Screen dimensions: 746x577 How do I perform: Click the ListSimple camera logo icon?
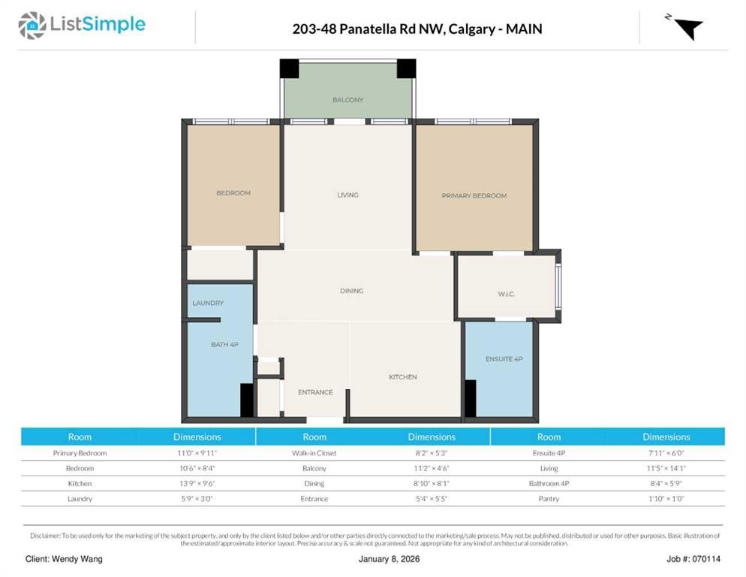pos(32,26)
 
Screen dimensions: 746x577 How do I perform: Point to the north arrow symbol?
pos(689,28)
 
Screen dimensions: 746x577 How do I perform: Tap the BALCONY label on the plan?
pos(347,100)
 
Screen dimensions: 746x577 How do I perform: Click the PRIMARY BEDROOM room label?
pos(474,195)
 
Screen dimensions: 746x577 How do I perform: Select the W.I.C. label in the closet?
pos(506,294)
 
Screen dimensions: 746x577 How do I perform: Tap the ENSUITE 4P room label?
pos(504,359)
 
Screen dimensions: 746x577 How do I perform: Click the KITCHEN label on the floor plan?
pos(402,377)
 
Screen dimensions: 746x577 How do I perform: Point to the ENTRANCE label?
pos(315,392)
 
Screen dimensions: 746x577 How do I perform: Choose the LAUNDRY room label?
pos(208,303)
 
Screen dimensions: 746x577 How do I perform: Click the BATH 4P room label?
pos(224,345)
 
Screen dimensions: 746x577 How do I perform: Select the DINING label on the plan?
pos(351,291)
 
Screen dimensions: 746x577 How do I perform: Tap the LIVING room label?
pos(347,195)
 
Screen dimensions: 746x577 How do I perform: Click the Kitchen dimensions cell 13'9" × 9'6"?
pos(197,484)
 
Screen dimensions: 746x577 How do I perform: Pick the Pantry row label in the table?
pos(549,499)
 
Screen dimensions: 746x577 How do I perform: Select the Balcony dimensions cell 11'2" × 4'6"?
pos(432,468)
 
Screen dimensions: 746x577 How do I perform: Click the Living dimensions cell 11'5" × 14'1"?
pos(666,468)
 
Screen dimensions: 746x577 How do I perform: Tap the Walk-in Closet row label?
pos(314,453)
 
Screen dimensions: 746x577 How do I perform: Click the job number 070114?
pos(706,559)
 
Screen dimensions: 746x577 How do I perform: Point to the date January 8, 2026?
pos(390,559)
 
